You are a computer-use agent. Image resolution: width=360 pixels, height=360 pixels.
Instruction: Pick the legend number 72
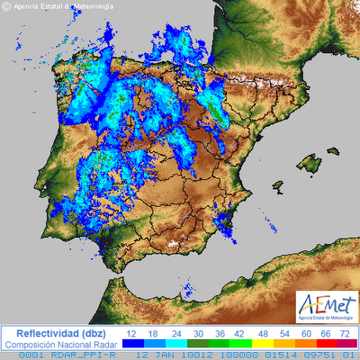pos(344,333)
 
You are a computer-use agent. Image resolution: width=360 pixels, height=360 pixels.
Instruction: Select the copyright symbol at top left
pos(6,6)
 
